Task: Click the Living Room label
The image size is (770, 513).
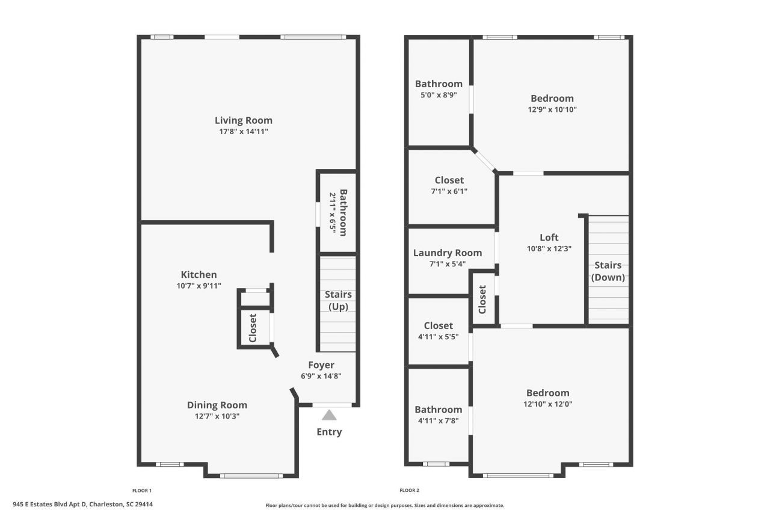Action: tap(243, 120)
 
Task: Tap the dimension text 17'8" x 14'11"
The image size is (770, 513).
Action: tap(243, 132)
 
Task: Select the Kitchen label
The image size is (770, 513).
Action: tap(199, 275)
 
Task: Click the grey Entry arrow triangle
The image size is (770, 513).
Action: tap(328, 415)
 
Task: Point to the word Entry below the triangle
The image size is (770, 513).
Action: tap(329, 432)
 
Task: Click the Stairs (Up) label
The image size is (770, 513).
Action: tap(338, 300)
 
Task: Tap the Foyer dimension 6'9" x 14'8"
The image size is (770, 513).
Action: tap(321, 376)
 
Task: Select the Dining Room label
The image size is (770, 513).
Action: tap(217, 405)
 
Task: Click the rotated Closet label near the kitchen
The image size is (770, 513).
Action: tap(253, 328)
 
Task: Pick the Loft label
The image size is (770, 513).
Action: tap(549, 238)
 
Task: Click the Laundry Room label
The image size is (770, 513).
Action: tap(448, 253)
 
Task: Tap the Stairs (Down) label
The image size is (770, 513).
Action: tap(608, 271)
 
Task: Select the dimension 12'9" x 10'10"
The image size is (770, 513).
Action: tap(552, 109)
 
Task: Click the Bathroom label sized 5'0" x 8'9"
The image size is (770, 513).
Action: tap(439, 84)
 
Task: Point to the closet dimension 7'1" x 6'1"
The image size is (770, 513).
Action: tap(449, 191)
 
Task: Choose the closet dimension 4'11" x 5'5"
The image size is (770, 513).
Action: tap(438, 337)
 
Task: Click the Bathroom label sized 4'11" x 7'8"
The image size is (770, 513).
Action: tap(438, 410)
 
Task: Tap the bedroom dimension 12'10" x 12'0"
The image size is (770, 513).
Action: tap(547, 404)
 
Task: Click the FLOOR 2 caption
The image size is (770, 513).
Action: tap(409, 490)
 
